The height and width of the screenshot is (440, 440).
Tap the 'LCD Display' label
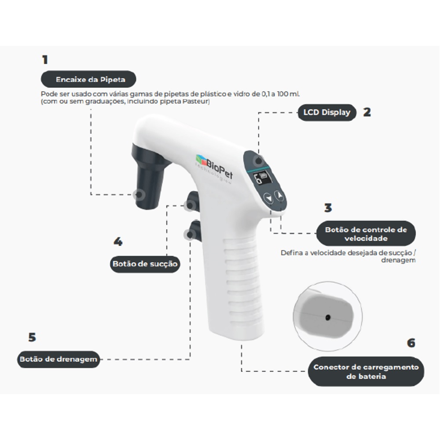(x=327, y=113)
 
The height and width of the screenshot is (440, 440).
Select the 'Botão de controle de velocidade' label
(x=366, y=234)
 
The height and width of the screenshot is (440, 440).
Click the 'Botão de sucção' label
(x=145, y=264)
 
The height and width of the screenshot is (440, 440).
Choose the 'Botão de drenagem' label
(x=59, y=359)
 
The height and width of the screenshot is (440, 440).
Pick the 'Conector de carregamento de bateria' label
(x=366, y=371)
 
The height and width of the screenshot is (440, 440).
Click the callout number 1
(x=45, y=60)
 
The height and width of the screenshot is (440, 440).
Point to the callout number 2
(x=367, y=112)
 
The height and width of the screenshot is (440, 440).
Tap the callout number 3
(x=328, y=208)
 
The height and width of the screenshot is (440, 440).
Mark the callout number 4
(x=118, y=242)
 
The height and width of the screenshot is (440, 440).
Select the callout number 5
(x=32, y=337)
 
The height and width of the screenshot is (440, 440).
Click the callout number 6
(x=411, y=343)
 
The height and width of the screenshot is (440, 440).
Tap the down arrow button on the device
(x=269, y=199)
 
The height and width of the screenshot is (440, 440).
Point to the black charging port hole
(x=327, y=318)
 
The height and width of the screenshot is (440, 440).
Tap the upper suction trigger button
(x=193, y=201)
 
